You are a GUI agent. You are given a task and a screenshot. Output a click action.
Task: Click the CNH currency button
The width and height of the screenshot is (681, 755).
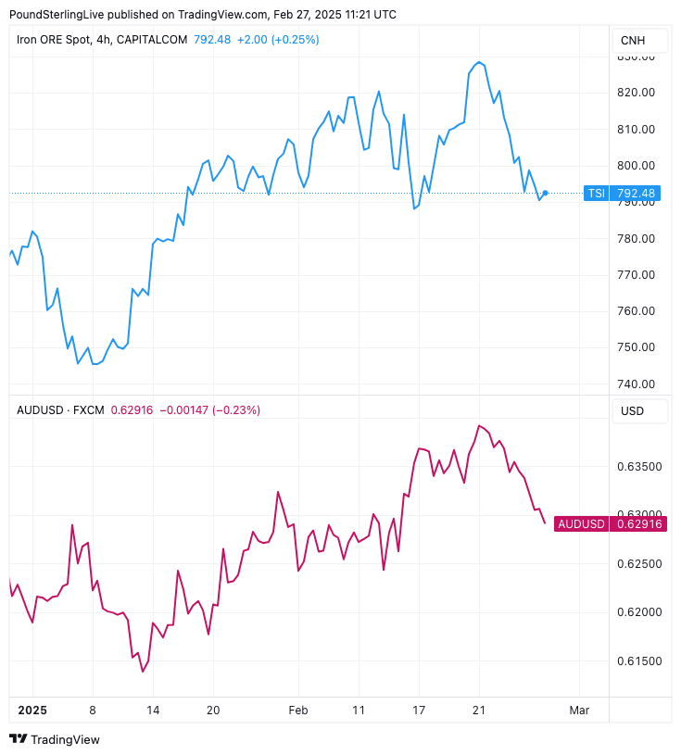639,41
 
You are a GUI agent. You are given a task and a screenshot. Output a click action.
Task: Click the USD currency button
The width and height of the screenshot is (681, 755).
639,410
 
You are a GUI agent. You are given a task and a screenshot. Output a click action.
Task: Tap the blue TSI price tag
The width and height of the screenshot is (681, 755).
596,193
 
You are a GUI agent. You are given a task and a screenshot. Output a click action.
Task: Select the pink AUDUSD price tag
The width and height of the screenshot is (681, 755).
581,523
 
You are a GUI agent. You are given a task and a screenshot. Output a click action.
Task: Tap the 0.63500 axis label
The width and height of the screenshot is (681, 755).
639,466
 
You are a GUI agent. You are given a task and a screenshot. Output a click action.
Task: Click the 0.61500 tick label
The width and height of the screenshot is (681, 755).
639,661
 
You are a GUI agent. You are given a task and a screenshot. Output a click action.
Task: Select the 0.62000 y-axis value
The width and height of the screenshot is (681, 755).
639,612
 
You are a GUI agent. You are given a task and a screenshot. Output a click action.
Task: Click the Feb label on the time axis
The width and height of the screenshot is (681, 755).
297,711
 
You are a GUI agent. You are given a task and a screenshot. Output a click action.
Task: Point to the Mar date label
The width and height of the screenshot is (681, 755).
579,711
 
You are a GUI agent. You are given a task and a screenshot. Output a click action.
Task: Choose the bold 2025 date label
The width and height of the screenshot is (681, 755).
32,711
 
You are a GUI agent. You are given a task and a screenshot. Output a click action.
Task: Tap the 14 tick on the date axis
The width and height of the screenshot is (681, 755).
153,711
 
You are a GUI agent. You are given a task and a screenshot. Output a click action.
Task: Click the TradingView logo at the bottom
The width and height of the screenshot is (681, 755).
55,739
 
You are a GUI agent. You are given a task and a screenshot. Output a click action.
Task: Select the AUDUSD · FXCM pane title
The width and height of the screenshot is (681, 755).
61,409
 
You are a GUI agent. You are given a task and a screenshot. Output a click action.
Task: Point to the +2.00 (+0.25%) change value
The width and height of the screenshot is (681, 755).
278,40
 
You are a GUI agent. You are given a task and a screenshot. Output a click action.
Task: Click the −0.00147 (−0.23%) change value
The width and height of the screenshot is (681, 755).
209,409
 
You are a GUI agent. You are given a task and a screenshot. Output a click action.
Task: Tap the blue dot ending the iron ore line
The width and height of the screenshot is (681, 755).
545,193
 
